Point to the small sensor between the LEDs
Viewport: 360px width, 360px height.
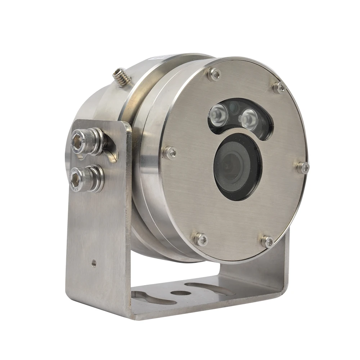click(x=233, y=107)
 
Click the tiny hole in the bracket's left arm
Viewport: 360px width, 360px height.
click(x=94, y=263)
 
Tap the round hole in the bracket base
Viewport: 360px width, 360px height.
click(x=179, y=292)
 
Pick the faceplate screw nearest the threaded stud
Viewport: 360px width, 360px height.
click(x=214, y=74)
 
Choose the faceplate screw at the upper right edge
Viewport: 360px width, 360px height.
click(x=278, y=87)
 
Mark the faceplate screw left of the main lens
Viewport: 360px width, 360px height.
click(x=169, y=152)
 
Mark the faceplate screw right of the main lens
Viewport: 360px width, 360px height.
click(x=303, y=167)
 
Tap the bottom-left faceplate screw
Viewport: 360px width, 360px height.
click(x=201, y=239)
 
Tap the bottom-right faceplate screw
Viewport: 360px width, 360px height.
click(x=267, y=241)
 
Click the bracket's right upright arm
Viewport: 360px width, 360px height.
click(x=281, y=266)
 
